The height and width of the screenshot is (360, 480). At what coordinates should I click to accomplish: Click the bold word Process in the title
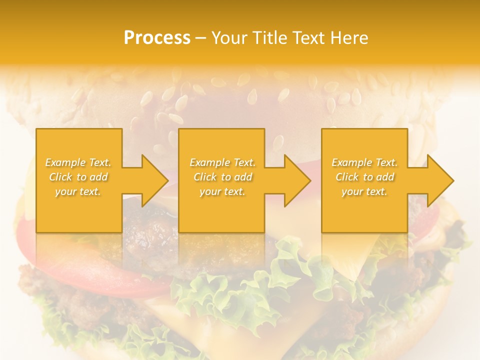click(157, 38)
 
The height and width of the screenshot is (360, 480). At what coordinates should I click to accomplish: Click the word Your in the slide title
click(229, 38)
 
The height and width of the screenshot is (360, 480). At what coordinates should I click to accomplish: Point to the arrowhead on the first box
click(152, 180)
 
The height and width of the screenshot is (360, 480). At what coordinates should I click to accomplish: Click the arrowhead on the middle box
click(295, 180)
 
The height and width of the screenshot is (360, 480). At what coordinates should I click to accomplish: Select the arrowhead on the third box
click(438, 180)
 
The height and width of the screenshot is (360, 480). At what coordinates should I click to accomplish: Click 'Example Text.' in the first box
click(78, 162)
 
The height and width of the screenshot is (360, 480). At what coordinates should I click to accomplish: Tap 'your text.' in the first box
click(78, 191)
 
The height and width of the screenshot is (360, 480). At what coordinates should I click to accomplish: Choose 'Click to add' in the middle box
click(222, 177)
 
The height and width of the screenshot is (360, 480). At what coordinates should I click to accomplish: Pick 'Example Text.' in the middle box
click(222, 162)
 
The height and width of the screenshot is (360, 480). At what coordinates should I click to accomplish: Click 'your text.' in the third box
click(364, 191)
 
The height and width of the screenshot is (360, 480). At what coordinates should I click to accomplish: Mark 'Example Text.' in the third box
click(364, 162)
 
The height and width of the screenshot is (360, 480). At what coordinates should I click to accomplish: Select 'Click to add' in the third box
click(364, 177)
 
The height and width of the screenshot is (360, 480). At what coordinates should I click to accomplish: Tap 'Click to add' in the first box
click(78, 177)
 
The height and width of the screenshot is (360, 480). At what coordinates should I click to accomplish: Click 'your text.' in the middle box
click(222, 191)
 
